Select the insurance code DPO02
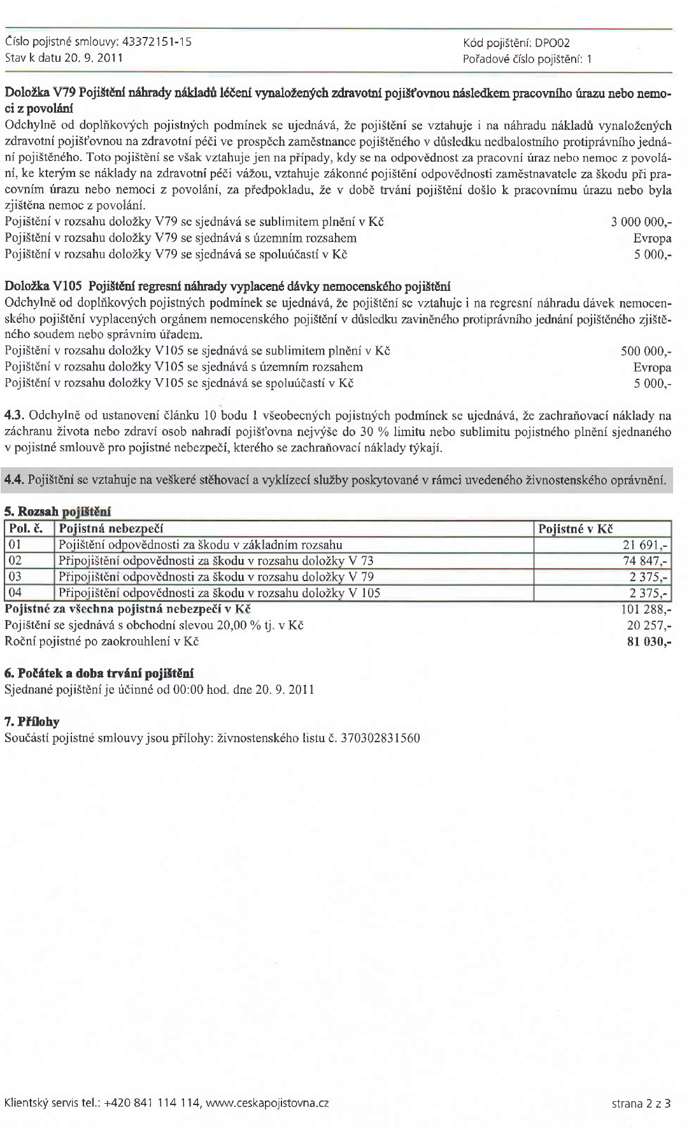click(x=552, y=43)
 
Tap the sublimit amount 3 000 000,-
click(x=641, y=222)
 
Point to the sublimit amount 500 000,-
click(x=646, y=351)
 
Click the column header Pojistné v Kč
click(x=575, y=529)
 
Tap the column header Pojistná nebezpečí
click(x=111, y=529)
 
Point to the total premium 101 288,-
click(x=646, y=609)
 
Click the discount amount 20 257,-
click(x=649, y=625)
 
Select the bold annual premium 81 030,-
click(x=649, y=641)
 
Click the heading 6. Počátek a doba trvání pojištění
click(x=99, y=673)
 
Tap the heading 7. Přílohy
click(x=32, y=722)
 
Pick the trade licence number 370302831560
click(x=381, y=738)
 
